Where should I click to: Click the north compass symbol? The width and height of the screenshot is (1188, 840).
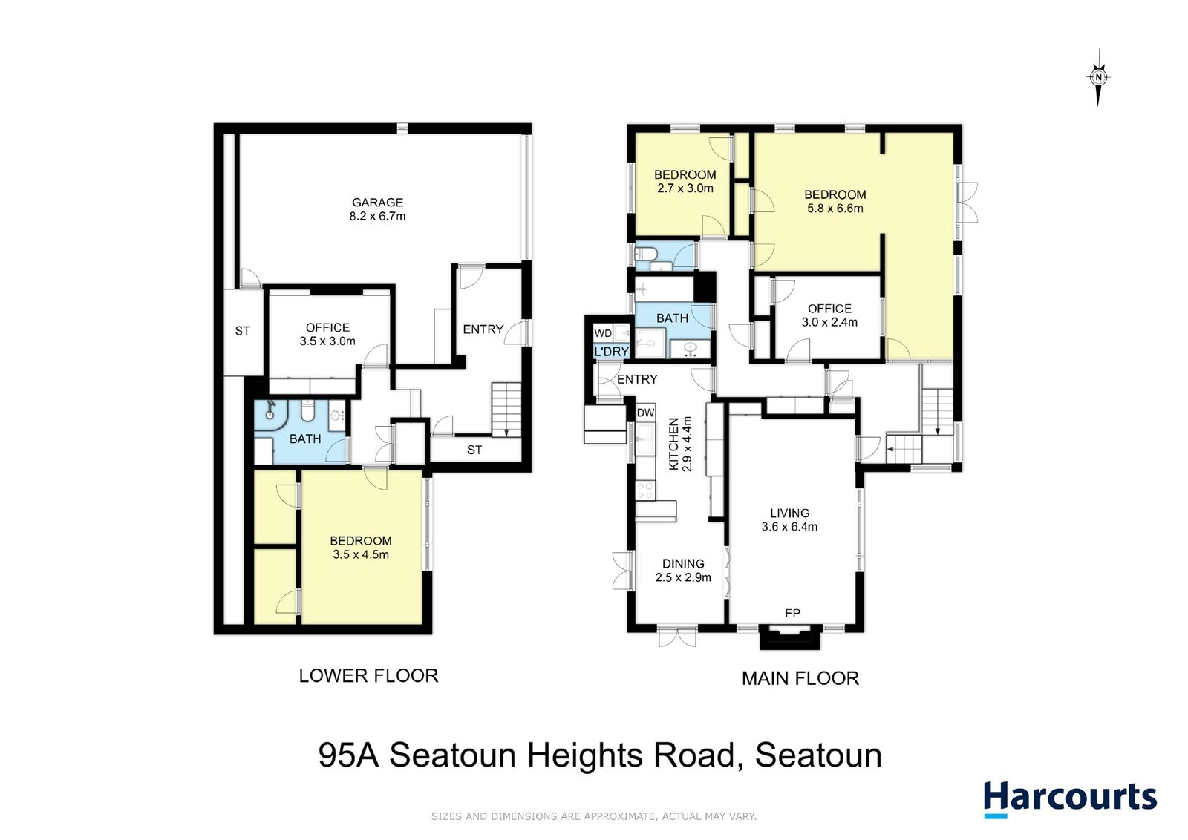click(1098, 77)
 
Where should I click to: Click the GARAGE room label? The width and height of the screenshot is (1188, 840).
click(378, 203)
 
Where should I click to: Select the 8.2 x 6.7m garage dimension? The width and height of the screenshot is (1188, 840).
click(377, 216)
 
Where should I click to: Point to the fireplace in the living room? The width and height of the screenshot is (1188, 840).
click(790, 637)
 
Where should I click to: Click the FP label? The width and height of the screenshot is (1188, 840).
click(792, 613)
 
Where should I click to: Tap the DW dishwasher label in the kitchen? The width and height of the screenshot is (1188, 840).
click(645, 413)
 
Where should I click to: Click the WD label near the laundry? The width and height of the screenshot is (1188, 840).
click(603, 333)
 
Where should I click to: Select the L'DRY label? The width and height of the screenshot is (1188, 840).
click(612, 352)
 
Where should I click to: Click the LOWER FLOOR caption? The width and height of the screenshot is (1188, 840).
click(368, 676)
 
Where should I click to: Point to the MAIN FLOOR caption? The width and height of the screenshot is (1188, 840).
click(800, 678)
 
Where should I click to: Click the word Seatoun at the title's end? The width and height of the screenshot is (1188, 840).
click(818, 755)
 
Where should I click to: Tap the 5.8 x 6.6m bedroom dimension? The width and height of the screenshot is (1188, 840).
click(835, 209)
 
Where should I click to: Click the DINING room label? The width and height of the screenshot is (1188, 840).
click(683, 564)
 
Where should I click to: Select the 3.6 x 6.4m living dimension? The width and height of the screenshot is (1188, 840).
click(790, 527)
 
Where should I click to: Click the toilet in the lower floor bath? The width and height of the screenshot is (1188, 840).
click(307, 410)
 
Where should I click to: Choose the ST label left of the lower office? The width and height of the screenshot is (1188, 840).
click(242, 331)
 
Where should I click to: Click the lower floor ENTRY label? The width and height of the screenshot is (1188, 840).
click(483, 329)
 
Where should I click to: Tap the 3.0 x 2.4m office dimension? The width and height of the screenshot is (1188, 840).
click(829, 322)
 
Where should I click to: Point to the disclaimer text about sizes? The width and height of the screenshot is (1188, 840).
click(594, 817)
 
